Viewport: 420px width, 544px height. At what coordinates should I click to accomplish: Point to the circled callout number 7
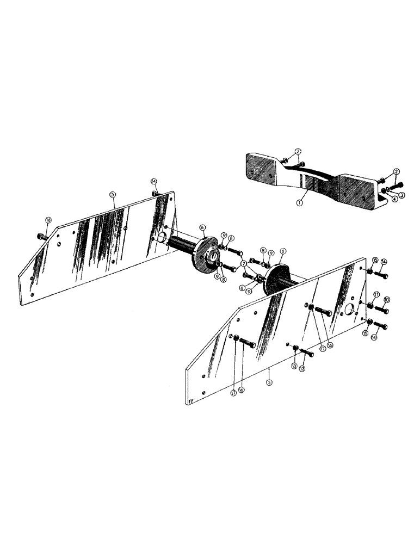coord(244,263)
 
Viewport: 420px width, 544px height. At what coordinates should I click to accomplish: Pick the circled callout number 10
coord(387,299)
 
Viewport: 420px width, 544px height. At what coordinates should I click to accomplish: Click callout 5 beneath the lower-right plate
coord(269,382)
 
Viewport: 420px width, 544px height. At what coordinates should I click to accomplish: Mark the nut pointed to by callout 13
coord(294,348)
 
